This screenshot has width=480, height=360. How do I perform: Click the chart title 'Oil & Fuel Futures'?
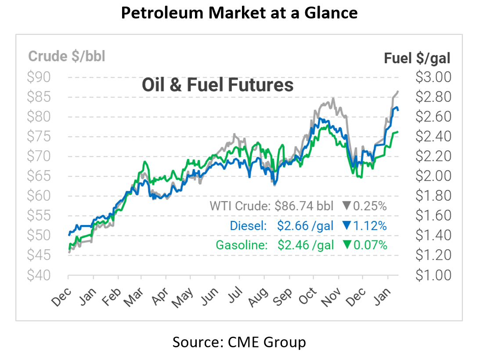point(217,85)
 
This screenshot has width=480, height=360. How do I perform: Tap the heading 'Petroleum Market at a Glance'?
point(239,13)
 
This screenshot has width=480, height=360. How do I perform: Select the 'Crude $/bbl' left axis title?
point(67,57)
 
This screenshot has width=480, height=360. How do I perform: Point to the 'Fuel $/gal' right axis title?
point(417,58)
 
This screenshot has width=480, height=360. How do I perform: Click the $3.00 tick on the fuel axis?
point(433,77)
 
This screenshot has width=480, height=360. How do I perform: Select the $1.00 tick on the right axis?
point(433,275)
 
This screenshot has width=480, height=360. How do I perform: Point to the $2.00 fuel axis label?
point(433,176)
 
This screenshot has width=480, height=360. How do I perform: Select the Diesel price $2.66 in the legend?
point(291,225)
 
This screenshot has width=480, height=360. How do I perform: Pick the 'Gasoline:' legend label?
point(242,245)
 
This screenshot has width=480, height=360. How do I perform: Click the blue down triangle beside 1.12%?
point(346,225)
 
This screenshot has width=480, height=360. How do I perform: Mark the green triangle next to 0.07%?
point(346,245)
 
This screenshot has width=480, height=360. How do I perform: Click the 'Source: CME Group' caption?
point(239,342)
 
